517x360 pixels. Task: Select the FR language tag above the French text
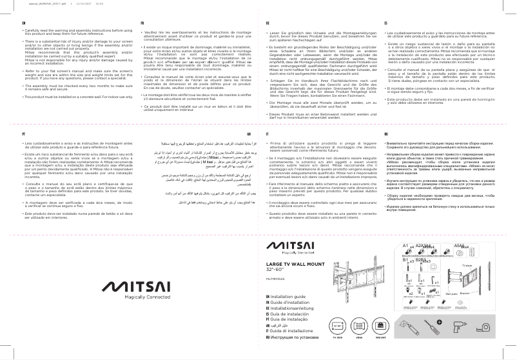[x=143, y=22]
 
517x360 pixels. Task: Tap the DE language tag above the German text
[x=268, y=22]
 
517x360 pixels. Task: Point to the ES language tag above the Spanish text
[x=385, y=22]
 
